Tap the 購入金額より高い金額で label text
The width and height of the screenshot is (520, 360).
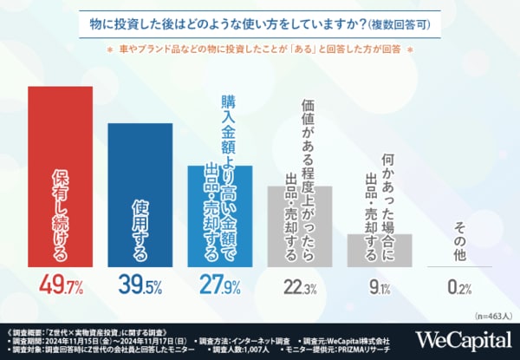[x=228, y=130]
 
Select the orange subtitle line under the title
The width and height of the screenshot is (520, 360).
[x=260, y=49]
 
